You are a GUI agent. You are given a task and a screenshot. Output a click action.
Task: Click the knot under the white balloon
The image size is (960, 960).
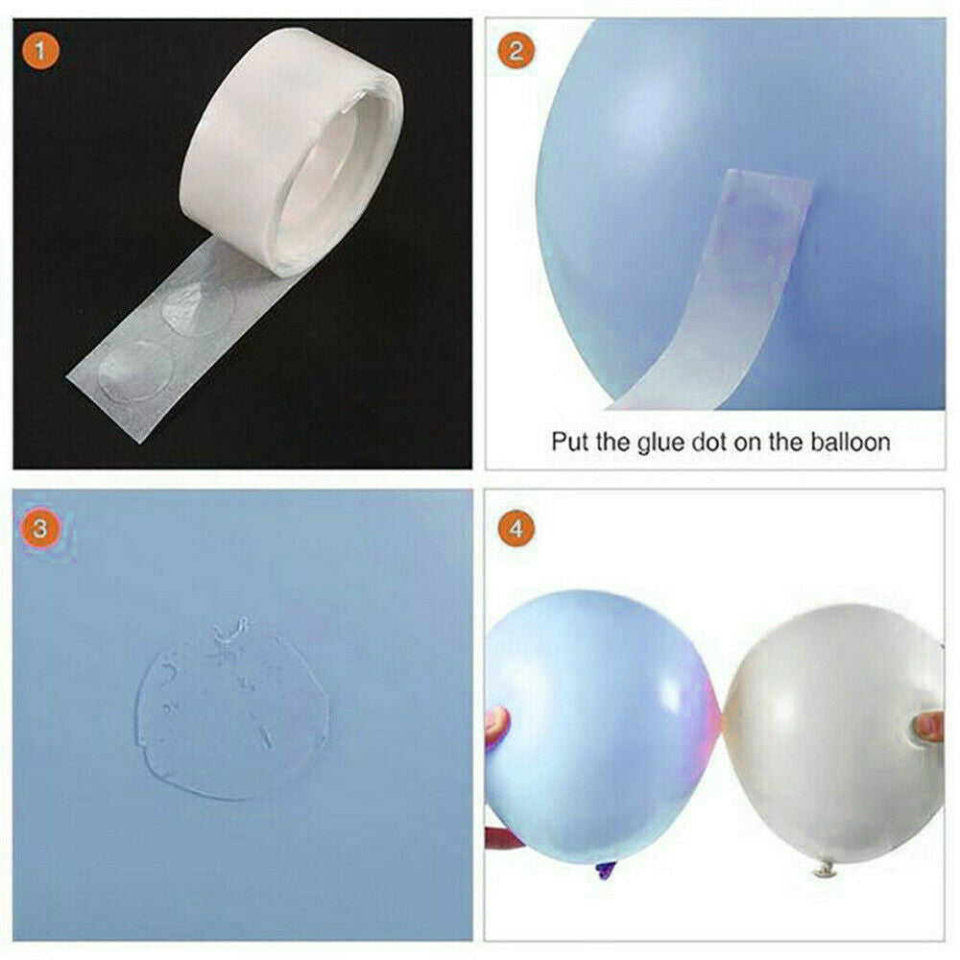(x=824, y=869)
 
